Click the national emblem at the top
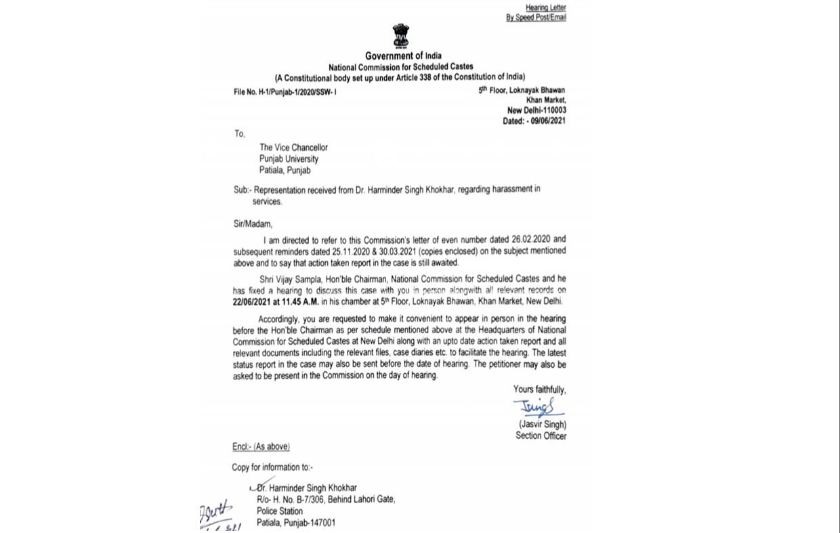400,35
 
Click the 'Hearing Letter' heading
545,7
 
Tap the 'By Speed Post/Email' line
536,18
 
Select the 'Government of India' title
403,56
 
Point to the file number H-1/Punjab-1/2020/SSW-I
285,91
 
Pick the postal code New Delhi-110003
537,110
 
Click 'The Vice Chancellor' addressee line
293,148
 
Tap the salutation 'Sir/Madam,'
253,224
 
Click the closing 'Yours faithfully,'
539,389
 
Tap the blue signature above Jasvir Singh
537,408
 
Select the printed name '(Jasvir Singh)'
542,425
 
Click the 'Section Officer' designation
541,435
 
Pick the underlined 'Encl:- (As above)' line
261,446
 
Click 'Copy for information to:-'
272,467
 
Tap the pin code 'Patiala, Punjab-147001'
295,523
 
